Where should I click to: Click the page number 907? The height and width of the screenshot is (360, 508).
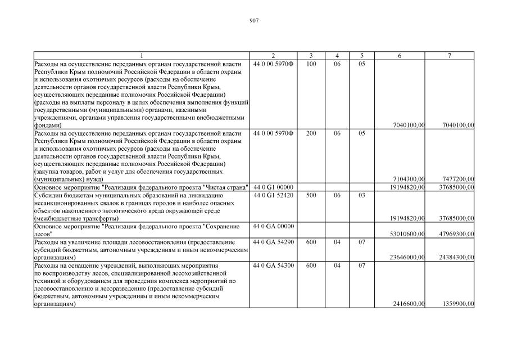[254, 21]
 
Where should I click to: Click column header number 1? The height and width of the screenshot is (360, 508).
[142, 56]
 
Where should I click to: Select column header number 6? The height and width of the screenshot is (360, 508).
[400, 56]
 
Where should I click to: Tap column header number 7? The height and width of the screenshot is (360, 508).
[450, 56]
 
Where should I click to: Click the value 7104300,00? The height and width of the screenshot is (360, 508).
[409, 179]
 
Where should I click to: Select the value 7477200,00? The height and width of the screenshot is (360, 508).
[458, 179]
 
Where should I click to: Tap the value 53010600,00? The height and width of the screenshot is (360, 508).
[407, 233]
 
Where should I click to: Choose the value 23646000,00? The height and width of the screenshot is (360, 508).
[407, 257]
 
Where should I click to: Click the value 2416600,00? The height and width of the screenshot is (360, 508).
[409, 304]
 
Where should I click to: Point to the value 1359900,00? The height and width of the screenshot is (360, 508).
[458, 304]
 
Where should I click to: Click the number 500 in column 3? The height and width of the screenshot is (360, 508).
[311, 195]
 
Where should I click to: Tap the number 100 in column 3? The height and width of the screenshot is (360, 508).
[311, 64]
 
